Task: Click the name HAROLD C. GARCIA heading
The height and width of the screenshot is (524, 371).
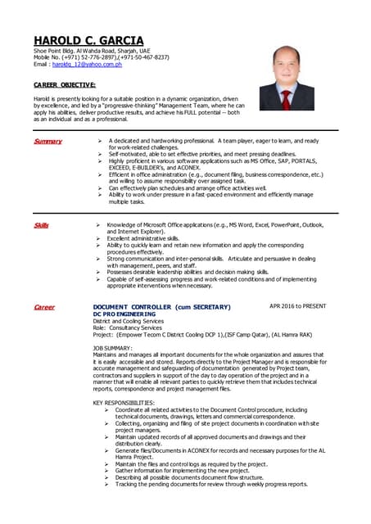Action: coord(88,40)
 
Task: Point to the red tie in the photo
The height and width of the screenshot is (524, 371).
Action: coord(287,99)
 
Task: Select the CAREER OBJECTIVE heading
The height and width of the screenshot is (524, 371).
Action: coord(65,84)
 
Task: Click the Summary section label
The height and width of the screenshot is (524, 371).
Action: coord(48,142)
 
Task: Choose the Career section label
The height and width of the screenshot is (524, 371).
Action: coord(44,307)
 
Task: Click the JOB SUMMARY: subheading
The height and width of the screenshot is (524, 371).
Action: coord(120,348)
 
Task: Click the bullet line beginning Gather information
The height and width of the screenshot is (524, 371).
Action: coord(188,470)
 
